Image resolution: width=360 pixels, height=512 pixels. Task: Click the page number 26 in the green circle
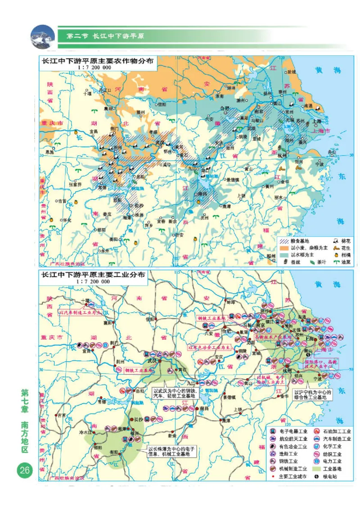[x=24, y=471]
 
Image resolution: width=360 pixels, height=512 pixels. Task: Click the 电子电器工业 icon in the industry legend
[x=272, y=431]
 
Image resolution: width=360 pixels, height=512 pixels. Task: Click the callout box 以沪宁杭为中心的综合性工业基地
[x=313, y=395]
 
